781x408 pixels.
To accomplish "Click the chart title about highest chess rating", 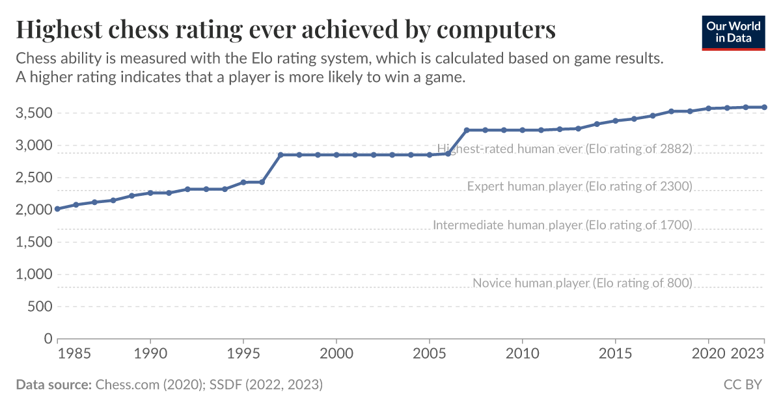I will click(x=286, y=30).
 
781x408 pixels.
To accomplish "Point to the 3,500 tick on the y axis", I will click(x=33, y=113).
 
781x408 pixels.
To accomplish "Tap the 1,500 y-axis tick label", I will click(x=33, y=242).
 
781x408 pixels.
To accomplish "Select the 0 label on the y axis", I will click(x=48, y=338).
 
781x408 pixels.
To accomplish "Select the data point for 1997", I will click(x=281, y=155).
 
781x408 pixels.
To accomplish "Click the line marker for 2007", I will click(x=467, y=130).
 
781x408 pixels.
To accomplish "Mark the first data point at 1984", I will click(x=58, y=209).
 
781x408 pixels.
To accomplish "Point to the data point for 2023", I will click(x=764, y=107).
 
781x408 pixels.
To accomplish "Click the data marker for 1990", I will click(x=150, y=193).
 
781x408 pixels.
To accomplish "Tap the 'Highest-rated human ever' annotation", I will click(x=564, y=148).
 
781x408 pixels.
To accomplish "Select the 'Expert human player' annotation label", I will click(x=579, y=187).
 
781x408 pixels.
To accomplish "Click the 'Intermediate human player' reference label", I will click(x=562, y=225).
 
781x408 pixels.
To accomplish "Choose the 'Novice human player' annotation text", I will click(x=582, y=283).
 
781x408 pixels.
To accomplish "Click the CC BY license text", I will click(x=742, y=385).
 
